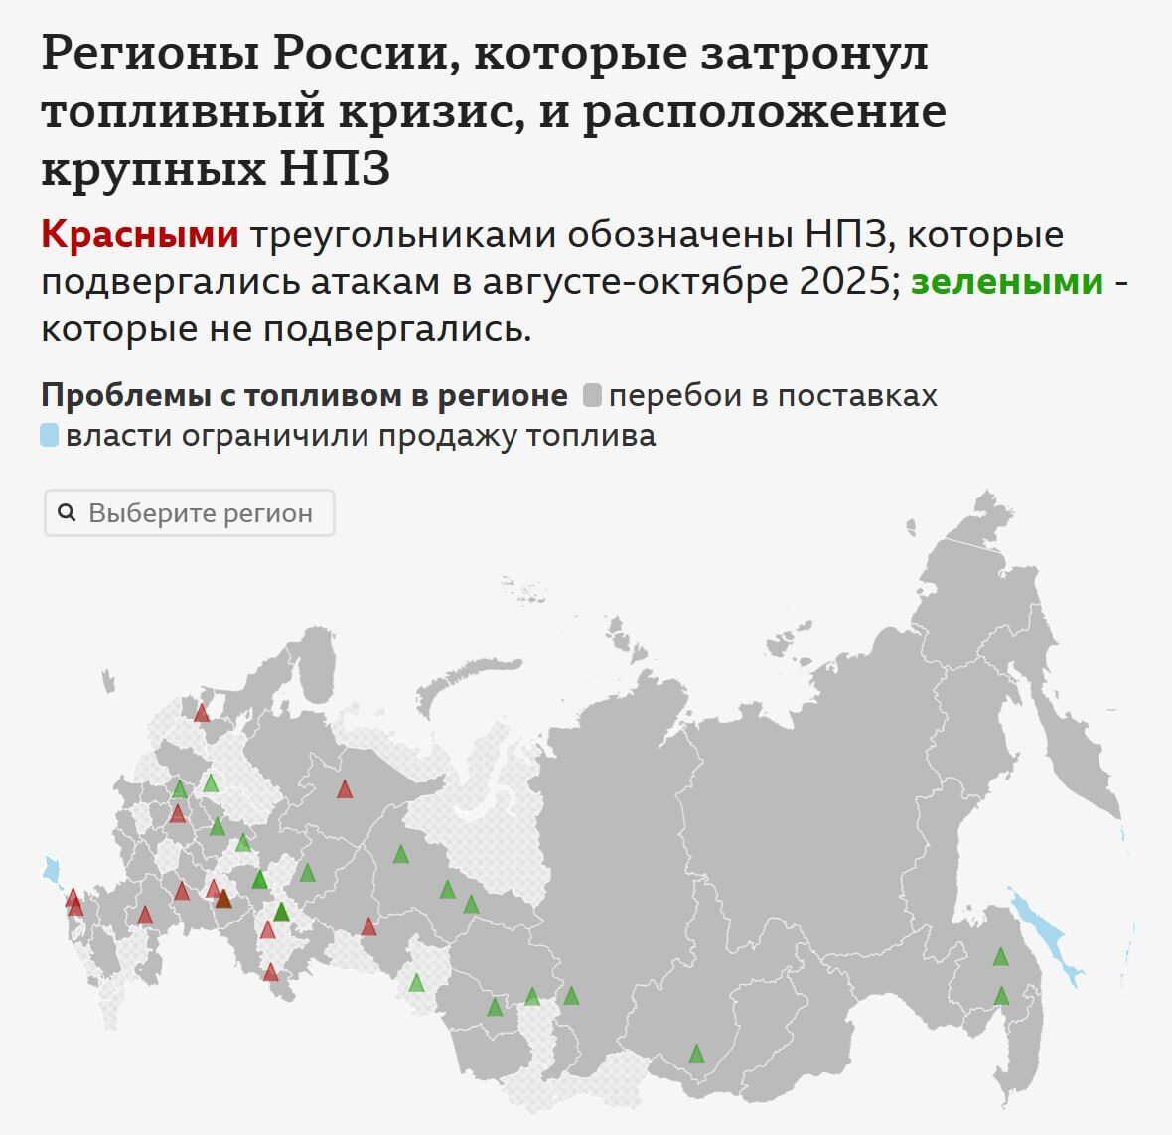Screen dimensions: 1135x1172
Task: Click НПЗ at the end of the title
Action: [335, 169]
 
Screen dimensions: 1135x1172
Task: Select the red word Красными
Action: [140, 235]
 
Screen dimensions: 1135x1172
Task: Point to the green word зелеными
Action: [1007, 282]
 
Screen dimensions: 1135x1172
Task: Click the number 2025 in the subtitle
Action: [844, 282]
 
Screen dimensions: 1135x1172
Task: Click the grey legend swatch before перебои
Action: [592, 395]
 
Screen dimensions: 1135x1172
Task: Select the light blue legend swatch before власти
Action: [50, 435]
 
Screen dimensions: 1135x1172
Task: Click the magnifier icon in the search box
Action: [68, 512]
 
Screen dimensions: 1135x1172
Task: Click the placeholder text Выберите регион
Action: [201, 513]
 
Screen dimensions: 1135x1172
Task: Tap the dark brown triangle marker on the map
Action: [223, 899]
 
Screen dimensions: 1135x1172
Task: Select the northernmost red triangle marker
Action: [202, 713]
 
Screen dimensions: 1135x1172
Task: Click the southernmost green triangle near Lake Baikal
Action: [696, 1054]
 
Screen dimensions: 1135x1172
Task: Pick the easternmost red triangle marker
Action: [368, 926]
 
